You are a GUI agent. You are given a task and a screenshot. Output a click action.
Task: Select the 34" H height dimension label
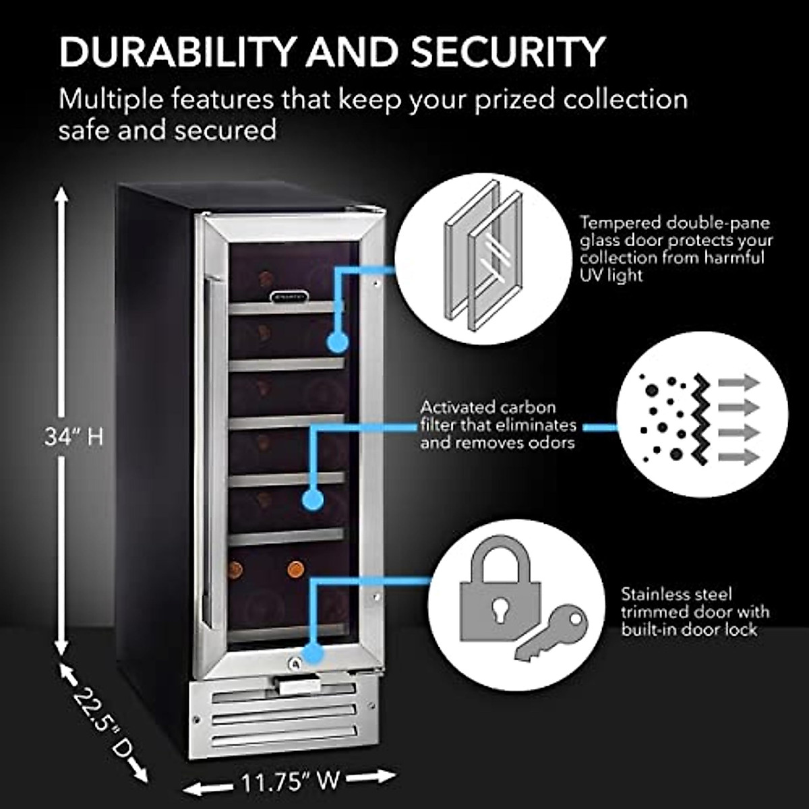pos(74,437)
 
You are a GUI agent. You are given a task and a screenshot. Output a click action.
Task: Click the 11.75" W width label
pos(290,781)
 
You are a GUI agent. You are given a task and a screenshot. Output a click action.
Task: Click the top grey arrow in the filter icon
pos(739,383)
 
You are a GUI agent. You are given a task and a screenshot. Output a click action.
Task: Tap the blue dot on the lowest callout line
pos(312,652)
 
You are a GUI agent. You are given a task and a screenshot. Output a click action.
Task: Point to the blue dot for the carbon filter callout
pos(311,500)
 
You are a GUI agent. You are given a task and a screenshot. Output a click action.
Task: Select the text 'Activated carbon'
pos(488,407)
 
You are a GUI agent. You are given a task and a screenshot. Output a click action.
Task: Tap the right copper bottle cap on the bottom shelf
pos(295,570)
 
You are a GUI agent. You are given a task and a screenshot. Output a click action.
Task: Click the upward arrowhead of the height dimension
pos(61,196)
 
